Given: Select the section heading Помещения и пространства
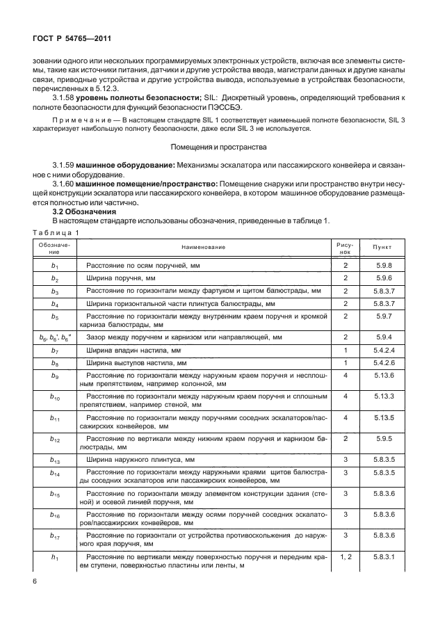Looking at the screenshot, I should tap(218, 166).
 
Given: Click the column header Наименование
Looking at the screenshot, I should tap(203, 247).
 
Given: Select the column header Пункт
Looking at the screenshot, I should tap(382, 247).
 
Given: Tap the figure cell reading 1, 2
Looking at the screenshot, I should tap(345, 557).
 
